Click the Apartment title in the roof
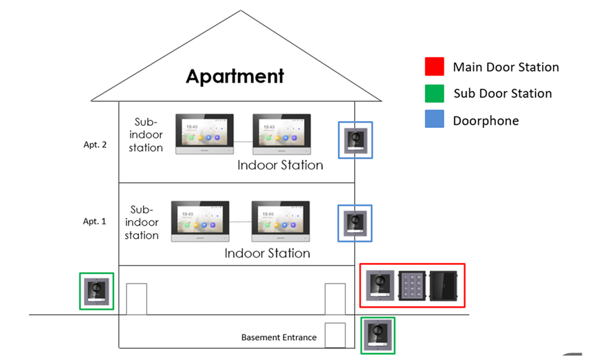click(x=235, y=76)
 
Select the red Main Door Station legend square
click(x=435, y=67)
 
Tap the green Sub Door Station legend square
click(x=435, y=93)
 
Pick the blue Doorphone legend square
click(x=435, y=120)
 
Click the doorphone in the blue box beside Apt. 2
click(x=356, y=140)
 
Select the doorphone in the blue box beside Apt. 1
click(x=356, y=222)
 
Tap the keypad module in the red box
click(x=412, y=286)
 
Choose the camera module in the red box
click(x=380, y=286)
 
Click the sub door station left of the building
click(x=97, y=291)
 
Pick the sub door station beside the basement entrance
click(x=378, y=336)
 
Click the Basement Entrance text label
click(x=279, y=337)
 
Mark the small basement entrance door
click(x=334, y=335)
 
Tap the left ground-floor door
click(x=137, y=299)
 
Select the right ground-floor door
click(x=335, y=299)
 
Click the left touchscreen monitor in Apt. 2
click(x=205, y=134)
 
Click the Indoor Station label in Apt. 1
click(x=267, y=253)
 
